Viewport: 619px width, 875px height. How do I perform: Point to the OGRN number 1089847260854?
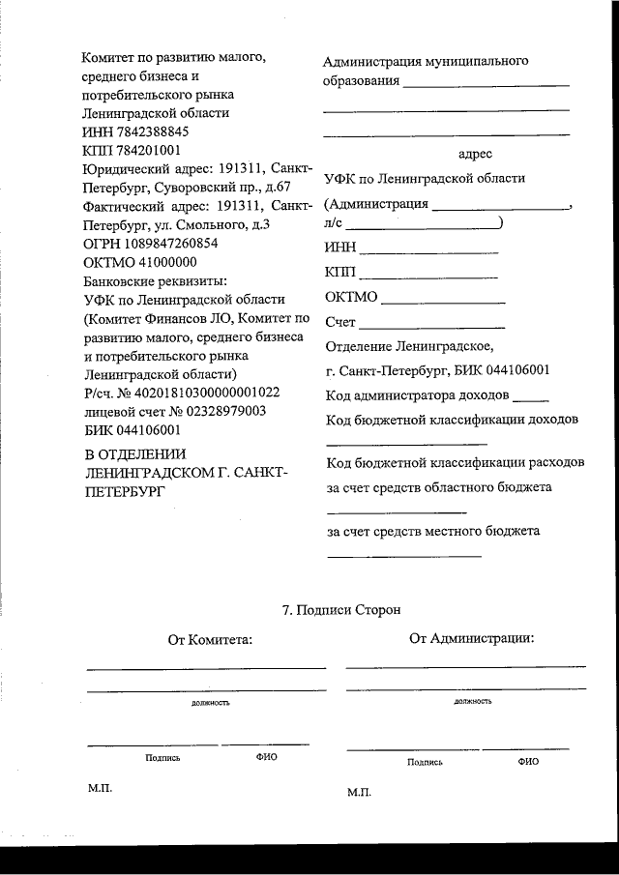point(170,244)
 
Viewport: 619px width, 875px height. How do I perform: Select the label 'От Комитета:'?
point(210,639)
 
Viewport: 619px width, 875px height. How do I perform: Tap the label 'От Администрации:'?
point(471,637)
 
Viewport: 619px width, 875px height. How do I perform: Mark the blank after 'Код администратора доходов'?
point(530,398)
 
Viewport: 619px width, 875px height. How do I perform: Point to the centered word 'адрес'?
point(475,154)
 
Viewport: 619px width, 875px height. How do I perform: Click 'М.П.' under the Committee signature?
point(101,789)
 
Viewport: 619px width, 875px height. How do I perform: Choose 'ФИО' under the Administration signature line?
point(528,762)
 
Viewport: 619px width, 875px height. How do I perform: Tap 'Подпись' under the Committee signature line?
point(162,758)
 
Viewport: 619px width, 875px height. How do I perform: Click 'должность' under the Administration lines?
point(472,700)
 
